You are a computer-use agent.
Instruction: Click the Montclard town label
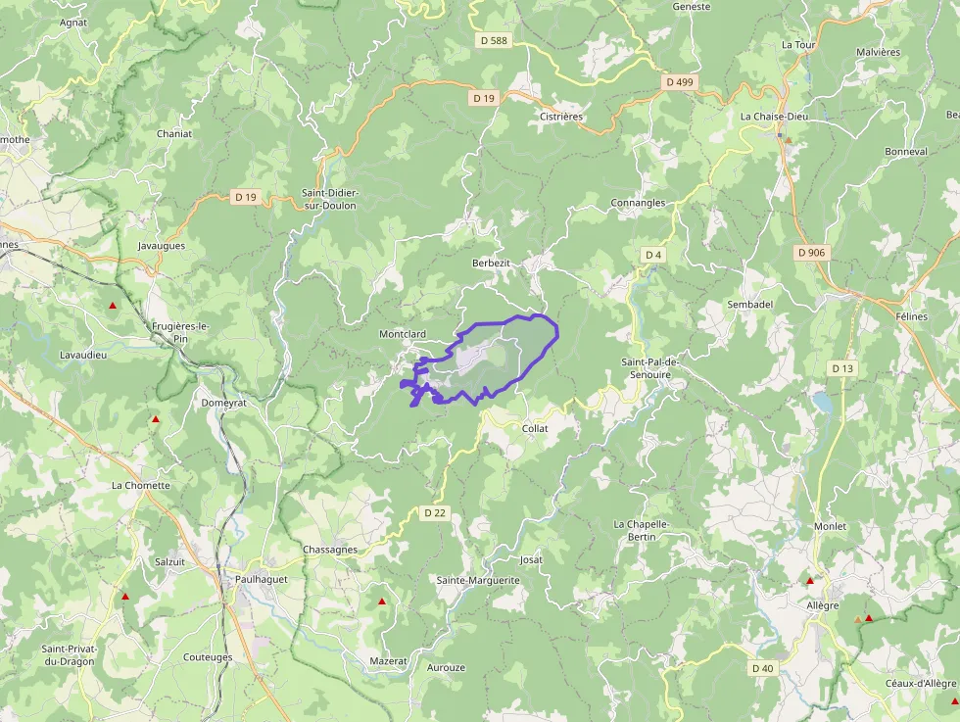point(403,334)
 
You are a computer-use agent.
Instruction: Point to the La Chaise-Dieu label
point(774,117)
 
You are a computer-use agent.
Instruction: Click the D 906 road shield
point(812,253)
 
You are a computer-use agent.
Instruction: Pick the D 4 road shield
point(653,255)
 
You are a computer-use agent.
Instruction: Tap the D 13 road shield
point(842,368)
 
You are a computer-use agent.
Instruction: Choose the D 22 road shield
point(435,512)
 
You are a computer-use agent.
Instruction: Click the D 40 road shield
point(762,668)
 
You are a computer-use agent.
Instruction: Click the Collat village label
point(535,429)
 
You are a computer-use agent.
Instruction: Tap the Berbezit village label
point(492,264)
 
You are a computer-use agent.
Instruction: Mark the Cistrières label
point(561,117)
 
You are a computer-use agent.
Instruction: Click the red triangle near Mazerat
point(382,602)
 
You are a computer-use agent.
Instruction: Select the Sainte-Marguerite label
point(478,580)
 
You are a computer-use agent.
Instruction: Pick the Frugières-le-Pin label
point(181,332)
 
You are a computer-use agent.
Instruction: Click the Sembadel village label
point(749,305)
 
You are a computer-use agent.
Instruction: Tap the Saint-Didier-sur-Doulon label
point(329,199)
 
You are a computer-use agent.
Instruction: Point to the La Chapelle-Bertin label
point(642,530)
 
